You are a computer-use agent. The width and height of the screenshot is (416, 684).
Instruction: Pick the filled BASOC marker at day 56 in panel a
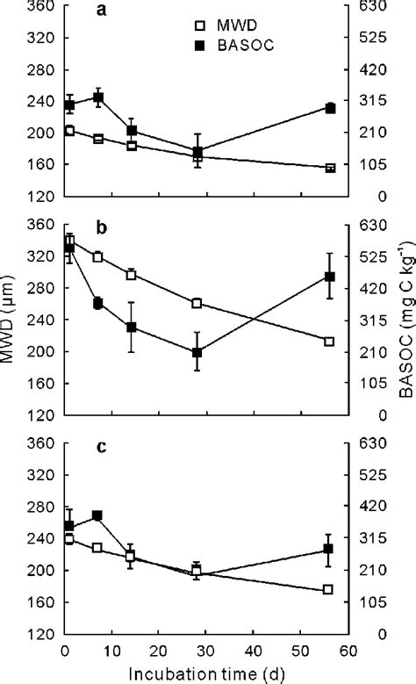coord(330,108)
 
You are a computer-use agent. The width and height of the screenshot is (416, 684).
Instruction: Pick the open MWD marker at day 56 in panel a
coord(330,168)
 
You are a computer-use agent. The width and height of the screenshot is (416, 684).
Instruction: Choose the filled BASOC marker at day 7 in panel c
coord(97,515)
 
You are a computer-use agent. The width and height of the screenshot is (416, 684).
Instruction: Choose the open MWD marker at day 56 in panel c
coord(330,590)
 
